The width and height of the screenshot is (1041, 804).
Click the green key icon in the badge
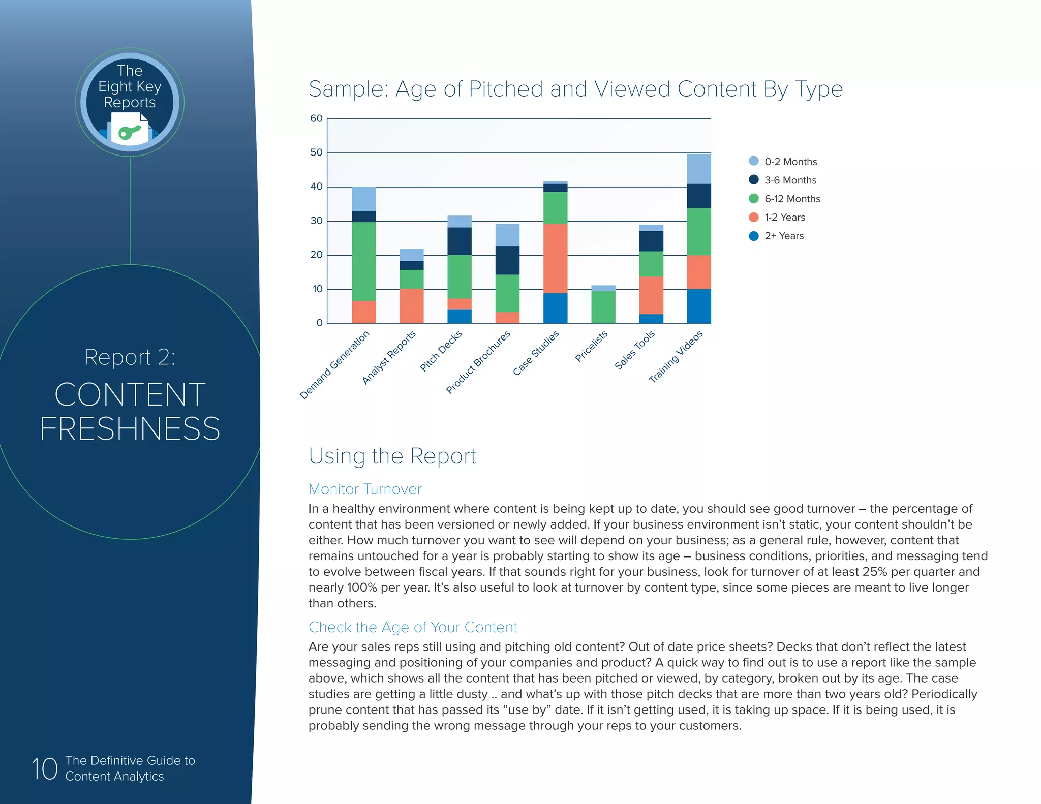(x=129, y=132)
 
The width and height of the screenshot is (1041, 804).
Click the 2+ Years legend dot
(x=754, y=236)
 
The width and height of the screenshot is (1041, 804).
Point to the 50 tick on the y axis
(x=317, y=152)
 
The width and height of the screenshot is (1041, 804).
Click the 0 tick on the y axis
(x=319, y=323)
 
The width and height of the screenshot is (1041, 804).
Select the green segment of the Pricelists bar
(x=603, y=307)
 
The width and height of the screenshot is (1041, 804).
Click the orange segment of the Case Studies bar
(x=555, y=258)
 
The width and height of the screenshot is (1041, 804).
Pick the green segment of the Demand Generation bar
(x=364, y=261)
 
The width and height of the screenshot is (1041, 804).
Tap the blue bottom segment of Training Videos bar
(x=699, y=306)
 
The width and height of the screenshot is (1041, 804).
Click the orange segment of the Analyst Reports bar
(x=412, y=306)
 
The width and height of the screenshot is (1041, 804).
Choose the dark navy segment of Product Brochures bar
(x=507, y=260)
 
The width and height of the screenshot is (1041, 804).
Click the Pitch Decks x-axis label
(x=441, y=351)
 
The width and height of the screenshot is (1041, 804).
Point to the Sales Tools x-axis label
(x=634, y=350)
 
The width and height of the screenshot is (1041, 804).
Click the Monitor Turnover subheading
(x=365, y=489)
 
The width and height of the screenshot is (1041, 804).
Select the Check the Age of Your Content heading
(x=413, y=627)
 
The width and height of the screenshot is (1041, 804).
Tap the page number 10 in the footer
(x=45, y=768)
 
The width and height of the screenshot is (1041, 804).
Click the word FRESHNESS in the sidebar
(x=130, y=428)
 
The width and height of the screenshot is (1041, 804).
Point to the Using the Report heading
(x=392, y=456)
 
